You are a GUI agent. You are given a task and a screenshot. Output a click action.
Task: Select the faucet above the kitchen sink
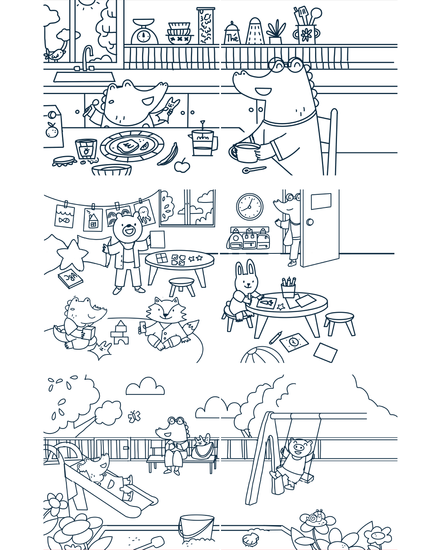coord(87,57)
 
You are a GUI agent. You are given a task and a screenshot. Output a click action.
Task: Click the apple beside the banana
coord(182,166)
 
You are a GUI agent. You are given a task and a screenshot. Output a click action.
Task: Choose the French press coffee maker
coord(203,143)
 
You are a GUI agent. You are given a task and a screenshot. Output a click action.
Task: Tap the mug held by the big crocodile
coord(245,152)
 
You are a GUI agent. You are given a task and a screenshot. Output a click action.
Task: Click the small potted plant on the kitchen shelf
coord(276,33)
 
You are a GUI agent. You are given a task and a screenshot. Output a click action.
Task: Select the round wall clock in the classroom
coord(250,207)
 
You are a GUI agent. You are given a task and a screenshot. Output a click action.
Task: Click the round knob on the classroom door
coord(310,222)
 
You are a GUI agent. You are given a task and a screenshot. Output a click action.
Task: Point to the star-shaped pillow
coord(72,255)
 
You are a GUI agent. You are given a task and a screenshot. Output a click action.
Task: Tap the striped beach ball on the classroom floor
coord(263,355)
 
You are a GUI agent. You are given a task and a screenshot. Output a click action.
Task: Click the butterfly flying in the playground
coord(134,416)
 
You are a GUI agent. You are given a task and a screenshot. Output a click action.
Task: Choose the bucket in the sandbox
coord(196,528)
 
